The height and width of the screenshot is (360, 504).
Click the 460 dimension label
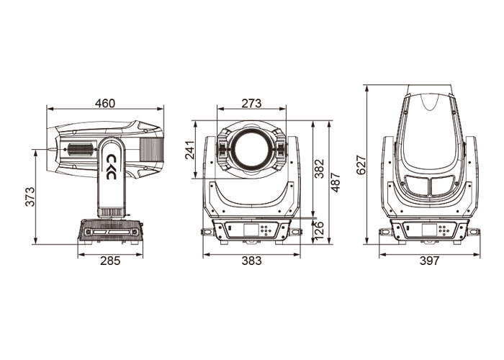pyautogui.click(x=105, y=103)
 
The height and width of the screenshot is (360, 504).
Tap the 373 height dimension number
pyautogui.click(x=30, y=196)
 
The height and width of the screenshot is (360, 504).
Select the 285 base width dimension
pyautogui.click(x=110, y=261)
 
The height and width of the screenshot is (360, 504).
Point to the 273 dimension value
pyautogui.click(x=251, y=103)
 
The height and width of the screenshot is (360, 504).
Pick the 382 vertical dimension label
pyautogui.click(x=319, y=168)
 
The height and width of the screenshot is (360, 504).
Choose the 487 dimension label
pyautogui.click(x=336, y=182)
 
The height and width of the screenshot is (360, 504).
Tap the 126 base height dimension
pyautogui.click(x=319, y=230)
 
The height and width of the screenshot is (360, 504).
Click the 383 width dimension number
pyautogui.click(x=251, y=261)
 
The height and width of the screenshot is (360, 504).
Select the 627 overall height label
pyautogui.click(x=361, y=165)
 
